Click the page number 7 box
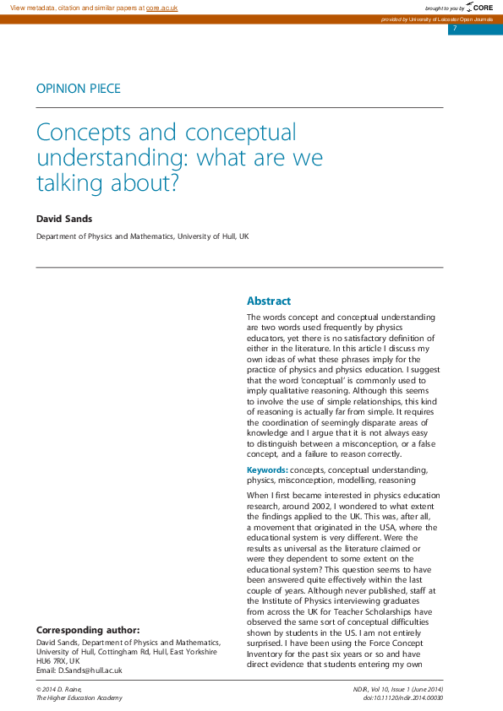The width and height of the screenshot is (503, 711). click(x=455, y=29)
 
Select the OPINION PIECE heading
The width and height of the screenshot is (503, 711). click(x=78, y=88)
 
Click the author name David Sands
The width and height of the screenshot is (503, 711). click(x=63, y=220)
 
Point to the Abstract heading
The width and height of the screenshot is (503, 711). click(x=269, y=301)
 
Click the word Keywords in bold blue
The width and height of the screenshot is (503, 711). click(x=266, y=469)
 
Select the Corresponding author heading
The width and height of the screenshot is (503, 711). click(x=88, y=630)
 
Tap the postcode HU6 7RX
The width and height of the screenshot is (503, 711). click(x=52, y=661)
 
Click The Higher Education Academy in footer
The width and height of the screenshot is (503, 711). click(x=79, y=697)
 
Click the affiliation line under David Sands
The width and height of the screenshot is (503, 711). click(x=142, y=237)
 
